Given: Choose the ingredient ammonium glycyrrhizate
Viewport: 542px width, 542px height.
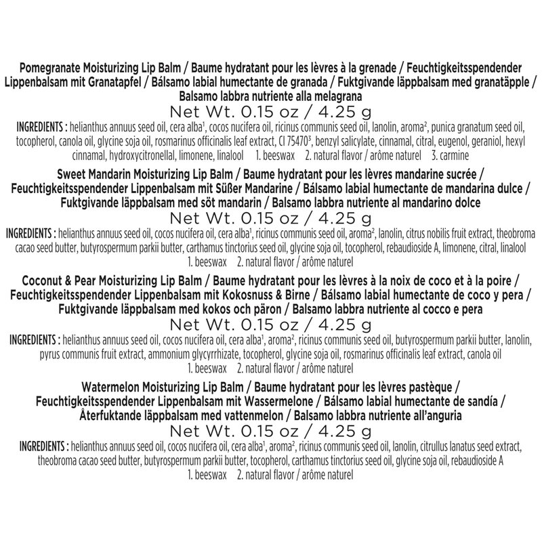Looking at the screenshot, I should [x=210, y=354].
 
